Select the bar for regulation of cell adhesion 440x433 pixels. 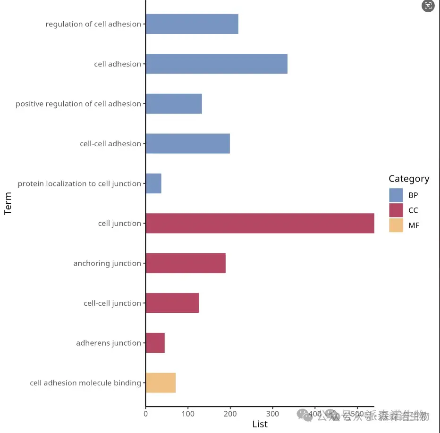pos(192,24)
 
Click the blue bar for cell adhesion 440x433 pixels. pos(216,64)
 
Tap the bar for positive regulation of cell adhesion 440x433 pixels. pos(174,104)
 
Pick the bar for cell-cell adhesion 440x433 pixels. pos(187,144)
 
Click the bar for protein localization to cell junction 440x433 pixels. pos(153,183)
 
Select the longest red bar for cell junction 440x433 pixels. pos(260,223)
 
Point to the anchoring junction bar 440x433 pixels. pos(186,263)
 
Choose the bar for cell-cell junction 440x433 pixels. pos(172,303)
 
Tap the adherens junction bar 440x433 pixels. pos(155,343)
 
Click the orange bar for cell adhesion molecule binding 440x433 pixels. pos(161,383)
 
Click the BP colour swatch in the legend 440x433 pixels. pos(396,195)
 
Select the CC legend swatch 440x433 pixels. pos(396,210)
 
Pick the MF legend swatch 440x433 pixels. pos(396,225)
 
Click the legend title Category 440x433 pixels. pos(409,179)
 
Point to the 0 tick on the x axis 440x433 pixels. pos(145,414)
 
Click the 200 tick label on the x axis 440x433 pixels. pos(230,414)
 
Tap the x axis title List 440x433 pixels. pos(260,424)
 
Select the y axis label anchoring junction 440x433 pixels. pos(107,263)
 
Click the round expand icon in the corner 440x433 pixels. pos(428,6)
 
